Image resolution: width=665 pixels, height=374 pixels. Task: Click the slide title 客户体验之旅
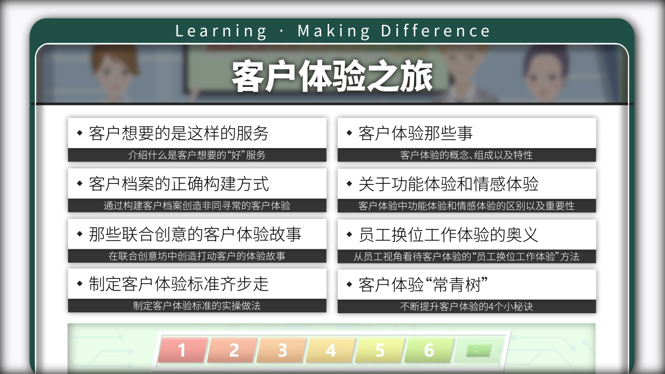click(332, 76)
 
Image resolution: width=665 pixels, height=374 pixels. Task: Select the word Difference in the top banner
click(435, 31)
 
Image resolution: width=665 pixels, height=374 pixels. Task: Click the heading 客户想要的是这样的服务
click(179, 133)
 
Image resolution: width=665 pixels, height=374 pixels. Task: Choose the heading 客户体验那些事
click(415, 133)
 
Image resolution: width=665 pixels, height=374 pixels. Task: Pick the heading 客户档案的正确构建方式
click(179, 184)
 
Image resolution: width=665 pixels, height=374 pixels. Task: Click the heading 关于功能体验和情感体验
click(448, 184)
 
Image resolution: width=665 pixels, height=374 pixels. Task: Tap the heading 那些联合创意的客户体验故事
click(195, 234)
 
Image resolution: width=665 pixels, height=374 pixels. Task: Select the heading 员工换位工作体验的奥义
click(448, 235)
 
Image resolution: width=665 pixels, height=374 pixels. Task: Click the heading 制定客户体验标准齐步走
click(179, 284)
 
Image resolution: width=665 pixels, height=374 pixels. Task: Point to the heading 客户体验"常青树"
click(423, 285)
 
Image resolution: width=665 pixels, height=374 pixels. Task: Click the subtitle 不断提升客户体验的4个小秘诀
click(467, 306)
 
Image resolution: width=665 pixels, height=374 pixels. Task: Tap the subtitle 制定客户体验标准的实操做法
click(196, 306)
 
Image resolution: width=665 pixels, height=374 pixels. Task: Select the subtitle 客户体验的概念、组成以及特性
click(467, 155)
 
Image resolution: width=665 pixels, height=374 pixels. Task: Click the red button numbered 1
click(182, 350)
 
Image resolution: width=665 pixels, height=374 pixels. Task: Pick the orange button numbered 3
click(282, 350)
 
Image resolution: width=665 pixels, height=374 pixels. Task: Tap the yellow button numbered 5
click(380, 350)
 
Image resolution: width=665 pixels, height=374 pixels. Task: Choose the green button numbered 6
click(429, 350)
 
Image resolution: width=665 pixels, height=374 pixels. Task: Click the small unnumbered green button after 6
click(478, 351)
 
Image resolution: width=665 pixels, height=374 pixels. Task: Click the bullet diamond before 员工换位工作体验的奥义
click(349, 234)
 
